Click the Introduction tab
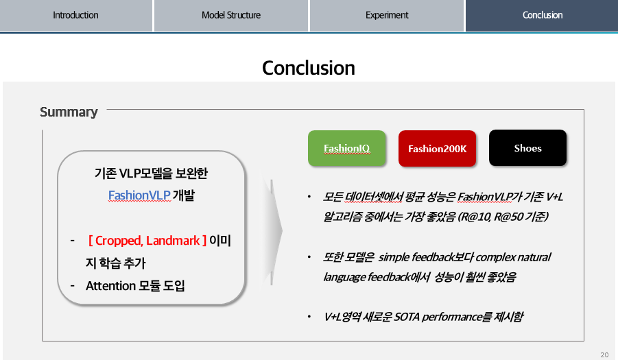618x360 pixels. [75, 15]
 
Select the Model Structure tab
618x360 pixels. [231, 15]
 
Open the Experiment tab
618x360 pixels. [387, 15]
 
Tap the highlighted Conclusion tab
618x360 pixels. [542, 15]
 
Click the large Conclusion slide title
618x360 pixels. [309, 68]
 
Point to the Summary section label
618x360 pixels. [69, 112]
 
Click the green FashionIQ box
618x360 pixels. [347, 148]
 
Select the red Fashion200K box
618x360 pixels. [437, 149]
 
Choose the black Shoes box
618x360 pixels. [527, 148]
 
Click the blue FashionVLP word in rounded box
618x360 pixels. [139, 195]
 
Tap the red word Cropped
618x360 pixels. [119, 241]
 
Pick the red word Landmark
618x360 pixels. [173, 241]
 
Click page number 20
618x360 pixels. [604, 355]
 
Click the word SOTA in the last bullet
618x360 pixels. [406, 317]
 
